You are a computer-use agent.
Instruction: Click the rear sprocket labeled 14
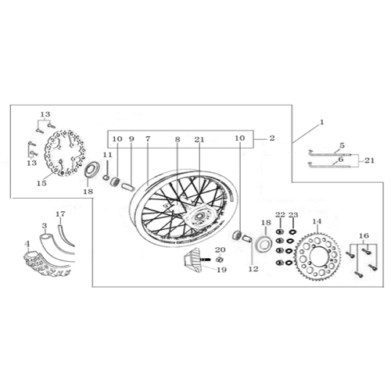(317, 256)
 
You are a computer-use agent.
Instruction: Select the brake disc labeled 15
(65, 153)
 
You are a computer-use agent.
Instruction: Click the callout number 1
(322, 122)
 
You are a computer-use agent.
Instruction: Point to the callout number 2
(272, 138)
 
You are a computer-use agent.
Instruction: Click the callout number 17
(60, 214)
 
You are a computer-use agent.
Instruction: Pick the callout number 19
(222, 270)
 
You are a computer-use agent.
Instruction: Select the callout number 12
(253, 269)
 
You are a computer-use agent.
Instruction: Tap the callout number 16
(364, 235)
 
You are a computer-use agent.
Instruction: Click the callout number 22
(280, 215)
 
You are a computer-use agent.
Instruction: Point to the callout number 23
(293, 215)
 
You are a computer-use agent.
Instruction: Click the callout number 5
(342, 145)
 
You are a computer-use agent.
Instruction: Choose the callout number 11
(107, 155)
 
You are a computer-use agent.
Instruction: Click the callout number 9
(131, 138)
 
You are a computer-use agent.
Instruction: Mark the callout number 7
(148, 138)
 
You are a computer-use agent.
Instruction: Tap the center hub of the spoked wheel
(200, 216)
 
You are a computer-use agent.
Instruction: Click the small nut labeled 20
(220, 260)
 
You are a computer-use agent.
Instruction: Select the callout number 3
(45, 225)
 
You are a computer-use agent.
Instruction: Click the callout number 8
(178, 139)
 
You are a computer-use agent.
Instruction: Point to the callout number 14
(317, 221)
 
